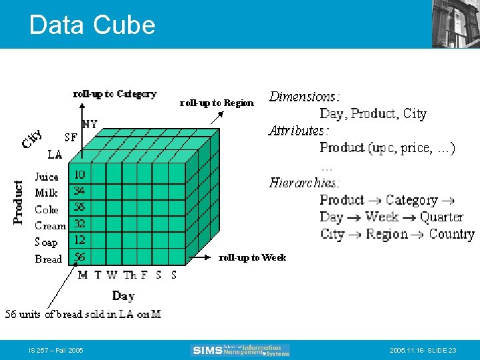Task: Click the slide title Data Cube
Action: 92,25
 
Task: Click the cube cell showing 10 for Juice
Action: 79,175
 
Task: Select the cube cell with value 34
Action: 79,191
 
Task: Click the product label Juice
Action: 47,177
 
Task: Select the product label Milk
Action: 47,193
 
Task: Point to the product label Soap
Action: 46,242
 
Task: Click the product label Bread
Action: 48,259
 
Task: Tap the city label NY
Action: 89,124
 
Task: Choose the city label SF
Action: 71,138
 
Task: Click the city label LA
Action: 55,154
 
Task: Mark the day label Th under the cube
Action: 129,275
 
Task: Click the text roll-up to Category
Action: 115,94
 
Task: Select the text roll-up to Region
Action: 217,103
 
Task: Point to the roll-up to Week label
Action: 253,257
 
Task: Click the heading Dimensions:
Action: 304,97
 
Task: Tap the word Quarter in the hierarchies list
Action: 441,217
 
